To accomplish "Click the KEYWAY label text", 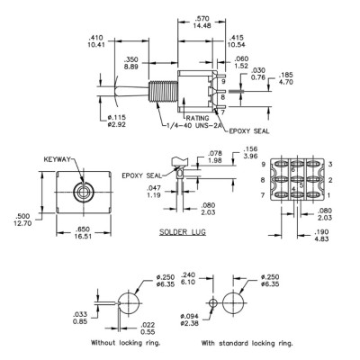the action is [57, 159].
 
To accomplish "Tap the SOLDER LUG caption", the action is [183, 231].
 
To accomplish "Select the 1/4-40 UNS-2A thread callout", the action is [195, 126].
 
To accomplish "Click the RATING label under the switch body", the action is [197, 118].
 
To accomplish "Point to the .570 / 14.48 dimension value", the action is [202, 22].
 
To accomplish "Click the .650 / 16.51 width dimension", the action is [84, 233].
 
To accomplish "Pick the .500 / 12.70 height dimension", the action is [22, 220].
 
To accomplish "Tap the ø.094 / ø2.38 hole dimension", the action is [189, 319].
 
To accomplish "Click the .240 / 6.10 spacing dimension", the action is [188, 278].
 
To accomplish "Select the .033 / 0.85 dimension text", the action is [80, 318].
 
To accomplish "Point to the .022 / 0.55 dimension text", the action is [148, 328].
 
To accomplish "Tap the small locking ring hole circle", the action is [213, 303].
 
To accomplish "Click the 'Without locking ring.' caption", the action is [126, 343].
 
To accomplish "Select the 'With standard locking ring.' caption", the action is [247, 343].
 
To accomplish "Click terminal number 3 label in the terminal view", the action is [330, 164].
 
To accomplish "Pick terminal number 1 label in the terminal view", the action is [328, 195].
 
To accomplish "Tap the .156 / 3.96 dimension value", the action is [250, 152].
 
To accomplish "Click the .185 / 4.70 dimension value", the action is [285, 78].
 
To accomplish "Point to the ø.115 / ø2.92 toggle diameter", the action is [117, 121].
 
